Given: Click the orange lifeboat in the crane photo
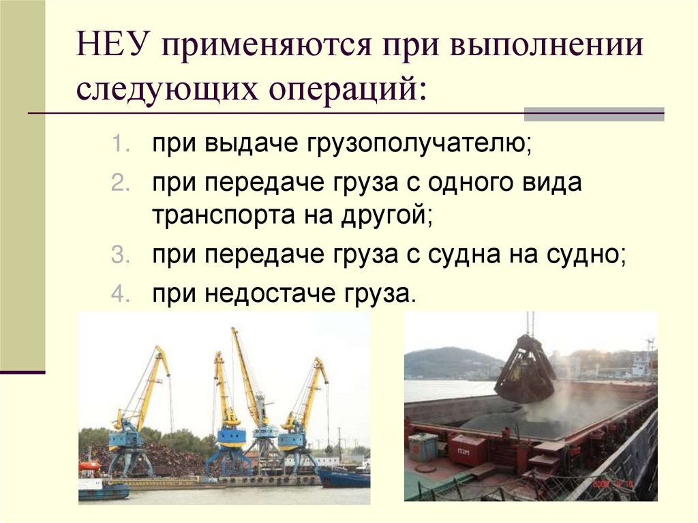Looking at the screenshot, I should click(89, 466).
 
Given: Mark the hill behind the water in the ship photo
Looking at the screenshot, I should click(450, 361).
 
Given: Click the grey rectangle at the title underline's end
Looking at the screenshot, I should click(593, 114).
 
